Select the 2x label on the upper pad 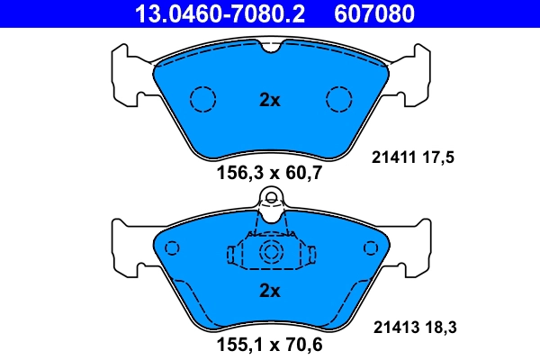270,100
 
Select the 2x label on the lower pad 270,291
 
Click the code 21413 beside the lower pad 392,328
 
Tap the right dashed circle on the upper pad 338,97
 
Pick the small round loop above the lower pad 270,198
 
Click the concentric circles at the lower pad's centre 270,254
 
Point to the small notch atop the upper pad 270,49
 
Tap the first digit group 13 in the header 145,13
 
